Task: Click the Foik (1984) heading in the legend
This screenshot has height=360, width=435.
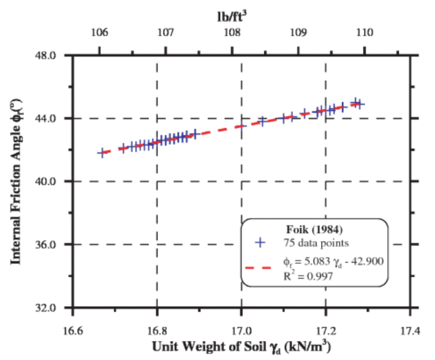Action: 315,230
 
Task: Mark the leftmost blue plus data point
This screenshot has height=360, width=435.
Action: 102,152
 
